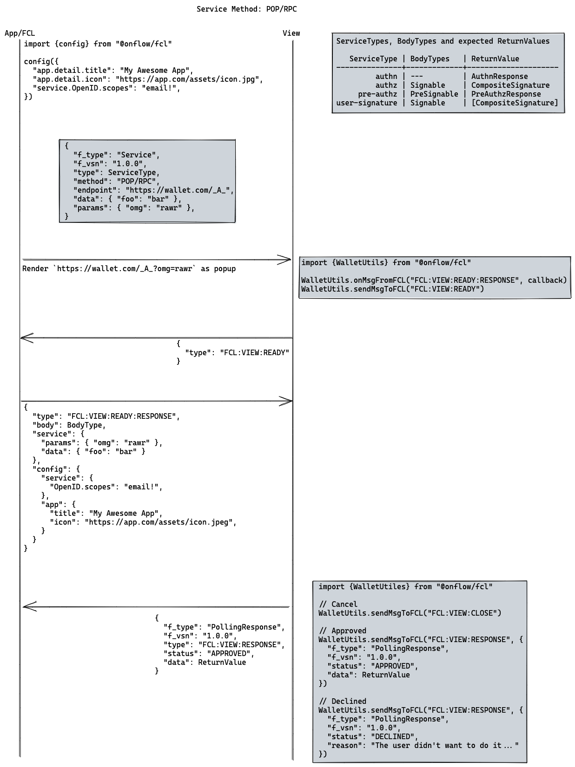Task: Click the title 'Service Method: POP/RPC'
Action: pyautogui.click(x=246, y=9)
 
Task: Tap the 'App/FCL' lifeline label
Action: pyautogui.click(x=20, y=33)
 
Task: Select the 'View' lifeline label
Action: pyautogui.click(x=291, y=33)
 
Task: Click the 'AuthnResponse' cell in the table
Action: pyautogui.click(x=499, y=76)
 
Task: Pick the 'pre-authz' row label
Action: pyautogui.click(x=377, y=94)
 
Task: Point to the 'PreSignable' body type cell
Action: pyautogui.click(x=434, y=94)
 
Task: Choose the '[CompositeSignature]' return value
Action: pyautogui.click(x=514, y=103)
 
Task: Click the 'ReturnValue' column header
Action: pyautogui.click(x=495, y=58)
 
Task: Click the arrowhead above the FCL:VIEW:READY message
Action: pyautogui.click(x=26, y=338)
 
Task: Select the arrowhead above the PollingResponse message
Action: pyautogui.click(x=29, y=606)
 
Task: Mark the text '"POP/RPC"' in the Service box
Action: pyautogui.click(x=138, y=181)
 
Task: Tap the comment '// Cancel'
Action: pyautogui.click(x=338, y=604)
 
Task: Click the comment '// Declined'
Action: pyautogui.click(x=343, y=701)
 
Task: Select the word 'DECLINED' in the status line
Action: pyautogui.click(x=393, y=736)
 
